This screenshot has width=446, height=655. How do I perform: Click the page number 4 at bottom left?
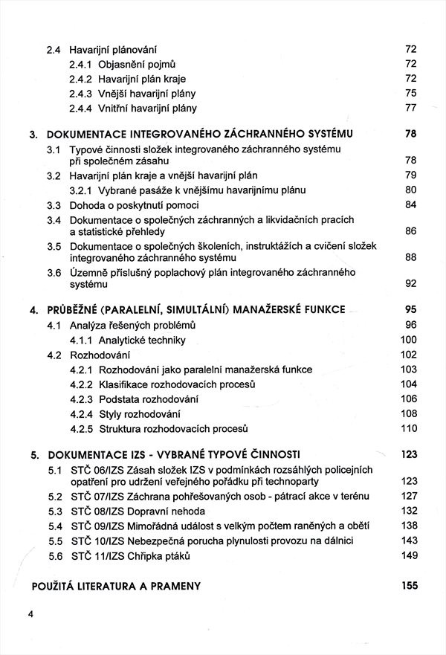point(31,614)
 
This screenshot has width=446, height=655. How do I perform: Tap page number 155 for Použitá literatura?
point(410,586)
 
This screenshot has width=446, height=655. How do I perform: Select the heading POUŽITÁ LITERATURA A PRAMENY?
point(116,586)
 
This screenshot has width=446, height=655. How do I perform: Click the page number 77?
point(410,109)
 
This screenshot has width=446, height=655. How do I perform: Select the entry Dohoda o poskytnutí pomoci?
point(134,205)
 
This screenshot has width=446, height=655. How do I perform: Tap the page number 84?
point(410,205)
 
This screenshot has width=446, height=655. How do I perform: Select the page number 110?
point(409,429)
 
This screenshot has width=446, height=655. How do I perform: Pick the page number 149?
point(409,555)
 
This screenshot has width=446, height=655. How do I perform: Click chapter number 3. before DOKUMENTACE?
point(33,135)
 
